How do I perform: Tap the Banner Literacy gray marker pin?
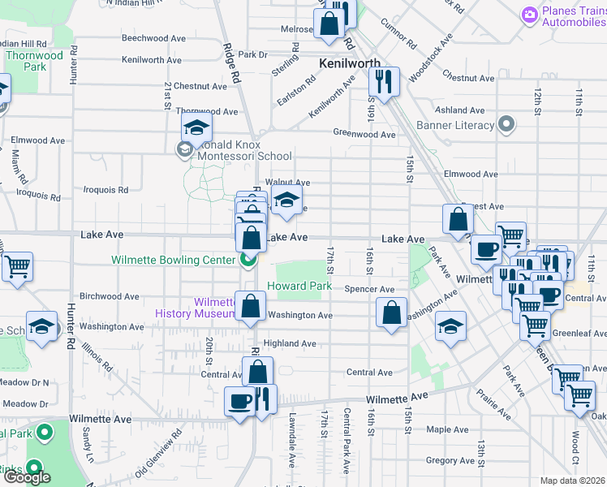[x=507, y=125]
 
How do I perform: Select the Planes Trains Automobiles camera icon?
[x=530, y=14]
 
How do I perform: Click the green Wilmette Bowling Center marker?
[x=248, y=260]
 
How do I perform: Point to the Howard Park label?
[x=299, y=286]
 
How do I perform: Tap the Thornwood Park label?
[x=33, y=61]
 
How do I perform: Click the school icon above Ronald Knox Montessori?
[x=196, y=127]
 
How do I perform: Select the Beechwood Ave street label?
[x=152, y=38]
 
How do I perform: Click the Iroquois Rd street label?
[x=106, y=190]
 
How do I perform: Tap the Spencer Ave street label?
[x=369, y=289]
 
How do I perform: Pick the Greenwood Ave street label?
[x=364, y=134]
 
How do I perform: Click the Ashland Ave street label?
[x=459, y=110]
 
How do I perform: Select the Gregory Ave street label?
[x=450, y=460]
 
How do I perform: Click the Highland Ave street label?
[x=289, y=344]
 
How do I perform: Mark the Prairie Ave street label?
[x=494, y=406]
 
